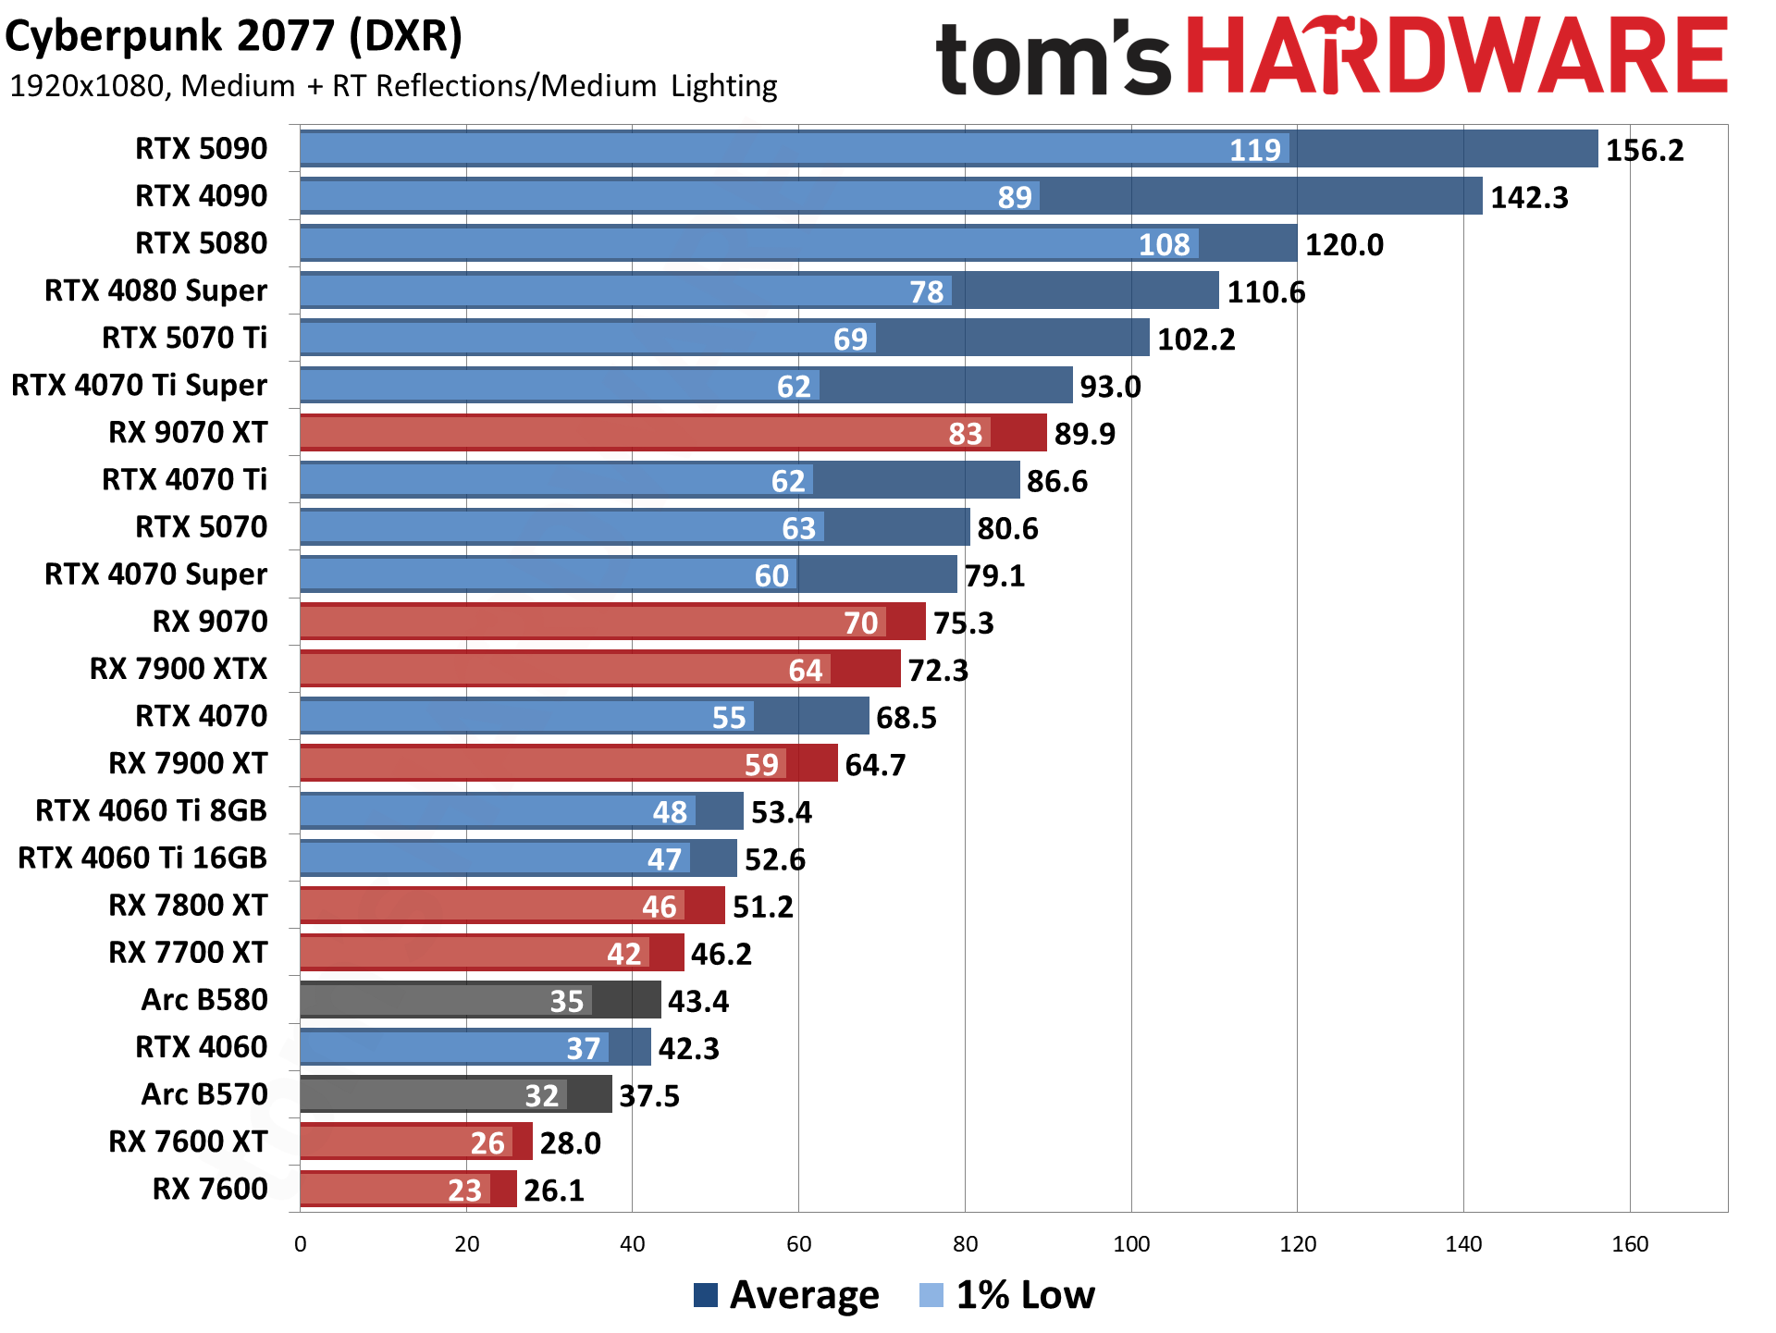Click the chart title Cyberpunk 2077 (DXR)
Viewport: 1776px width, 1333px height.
[234, 37]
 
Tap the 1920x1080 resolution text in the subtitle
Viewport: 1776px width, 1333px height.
[87, 86]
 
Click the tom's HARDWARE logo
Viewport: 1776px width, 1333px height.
[1331, 57]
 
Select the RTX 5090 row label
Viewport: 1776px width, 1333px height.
[202, 149]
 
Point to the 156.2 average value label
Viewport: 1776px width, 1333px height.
[1644, 150]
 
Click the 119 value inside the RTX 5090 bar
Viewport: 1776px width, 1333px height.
[1254, 150]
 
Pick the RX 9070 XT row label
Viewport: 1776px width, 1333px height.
[188, 432]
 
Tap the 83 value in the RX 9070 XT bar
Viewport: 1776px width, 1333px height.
[965, 433]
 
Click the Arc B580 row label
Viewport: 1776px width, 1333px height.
[204, 999]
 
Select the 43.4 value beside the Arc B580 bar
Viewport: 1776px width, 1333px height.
[698, 1001]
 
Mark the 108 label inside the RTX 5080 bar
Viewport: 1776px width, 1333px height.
[1164, 244]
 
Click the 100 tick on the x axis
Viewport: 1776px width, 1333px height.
[1131, 1244]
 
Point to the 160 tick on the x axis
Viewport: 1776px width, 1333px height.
[1630, 1244]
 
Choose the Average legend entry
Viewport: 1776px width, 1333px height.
[786, 1295]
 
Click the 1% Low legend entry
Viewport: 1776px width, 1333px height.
[1007, 1295]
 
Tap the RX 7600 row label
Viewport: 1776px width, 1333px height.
[210, 1189]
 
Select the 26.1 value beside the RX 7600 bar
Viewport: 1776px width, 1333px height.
[554, 1190]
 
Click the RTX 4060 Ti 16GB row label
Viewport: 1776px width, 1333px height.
[142, 858]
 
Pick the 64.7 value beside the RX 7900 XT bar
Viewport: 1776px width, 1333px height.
[875, 765]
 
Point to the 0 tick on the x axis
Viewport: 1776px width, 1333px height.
[301, 1244]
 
